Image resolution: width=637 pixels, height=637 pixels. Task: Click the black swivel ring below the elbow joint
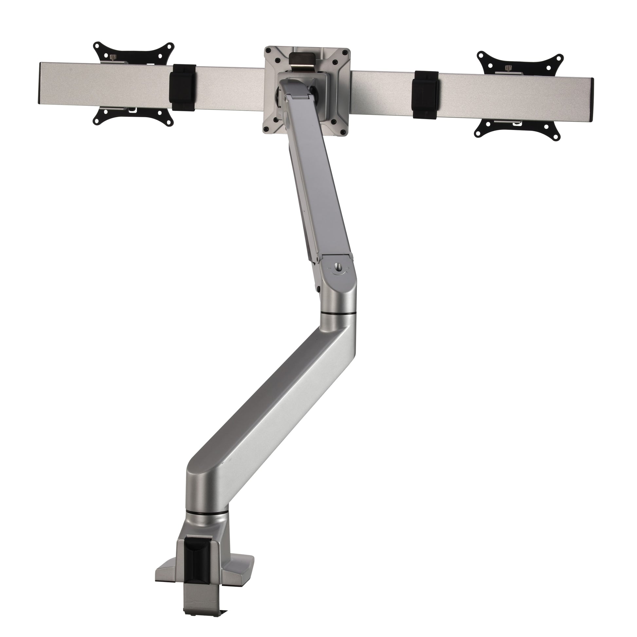click(x=338, y=313)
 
